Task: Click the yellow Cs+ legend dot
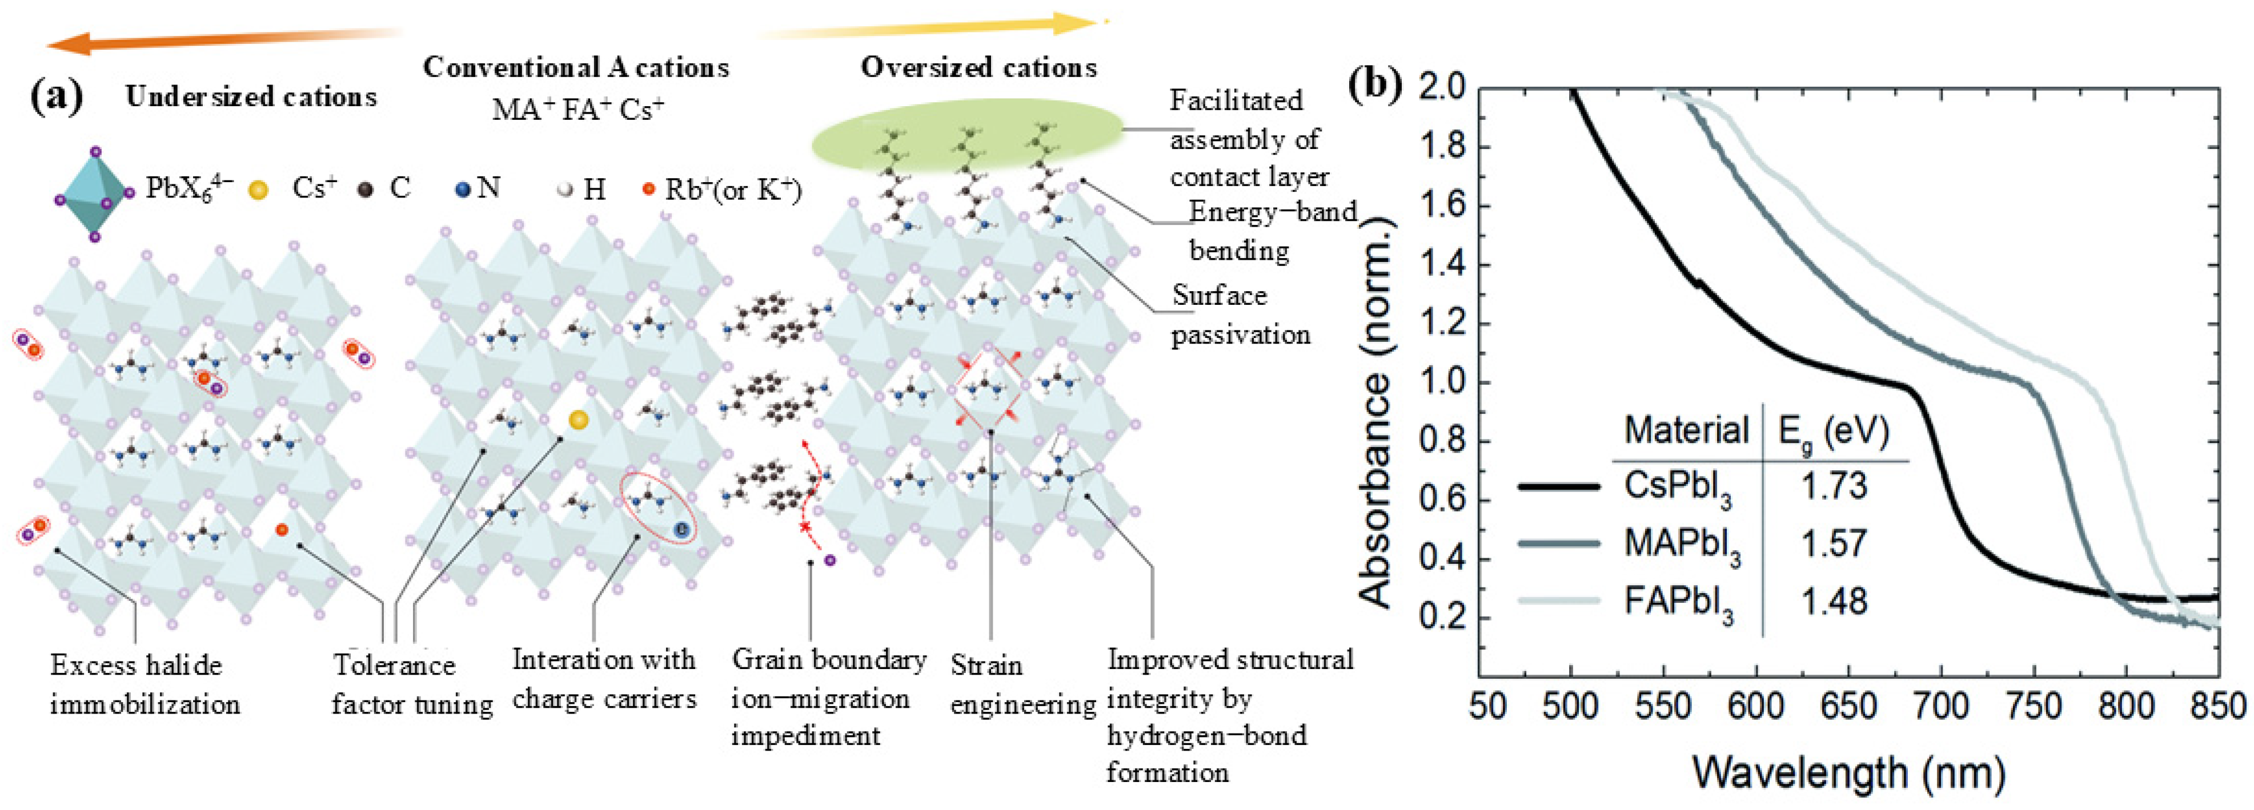258,190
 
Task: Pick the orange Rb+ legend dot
648,189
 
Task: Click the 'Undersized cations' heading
251,97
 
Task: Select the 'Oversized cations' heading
978,68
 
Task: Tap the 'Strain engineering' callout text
1021,685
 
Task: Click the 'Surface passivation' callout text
1240,315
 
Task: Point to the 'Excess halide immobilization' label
145,685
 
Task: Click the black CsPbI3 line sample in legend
1559,486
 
